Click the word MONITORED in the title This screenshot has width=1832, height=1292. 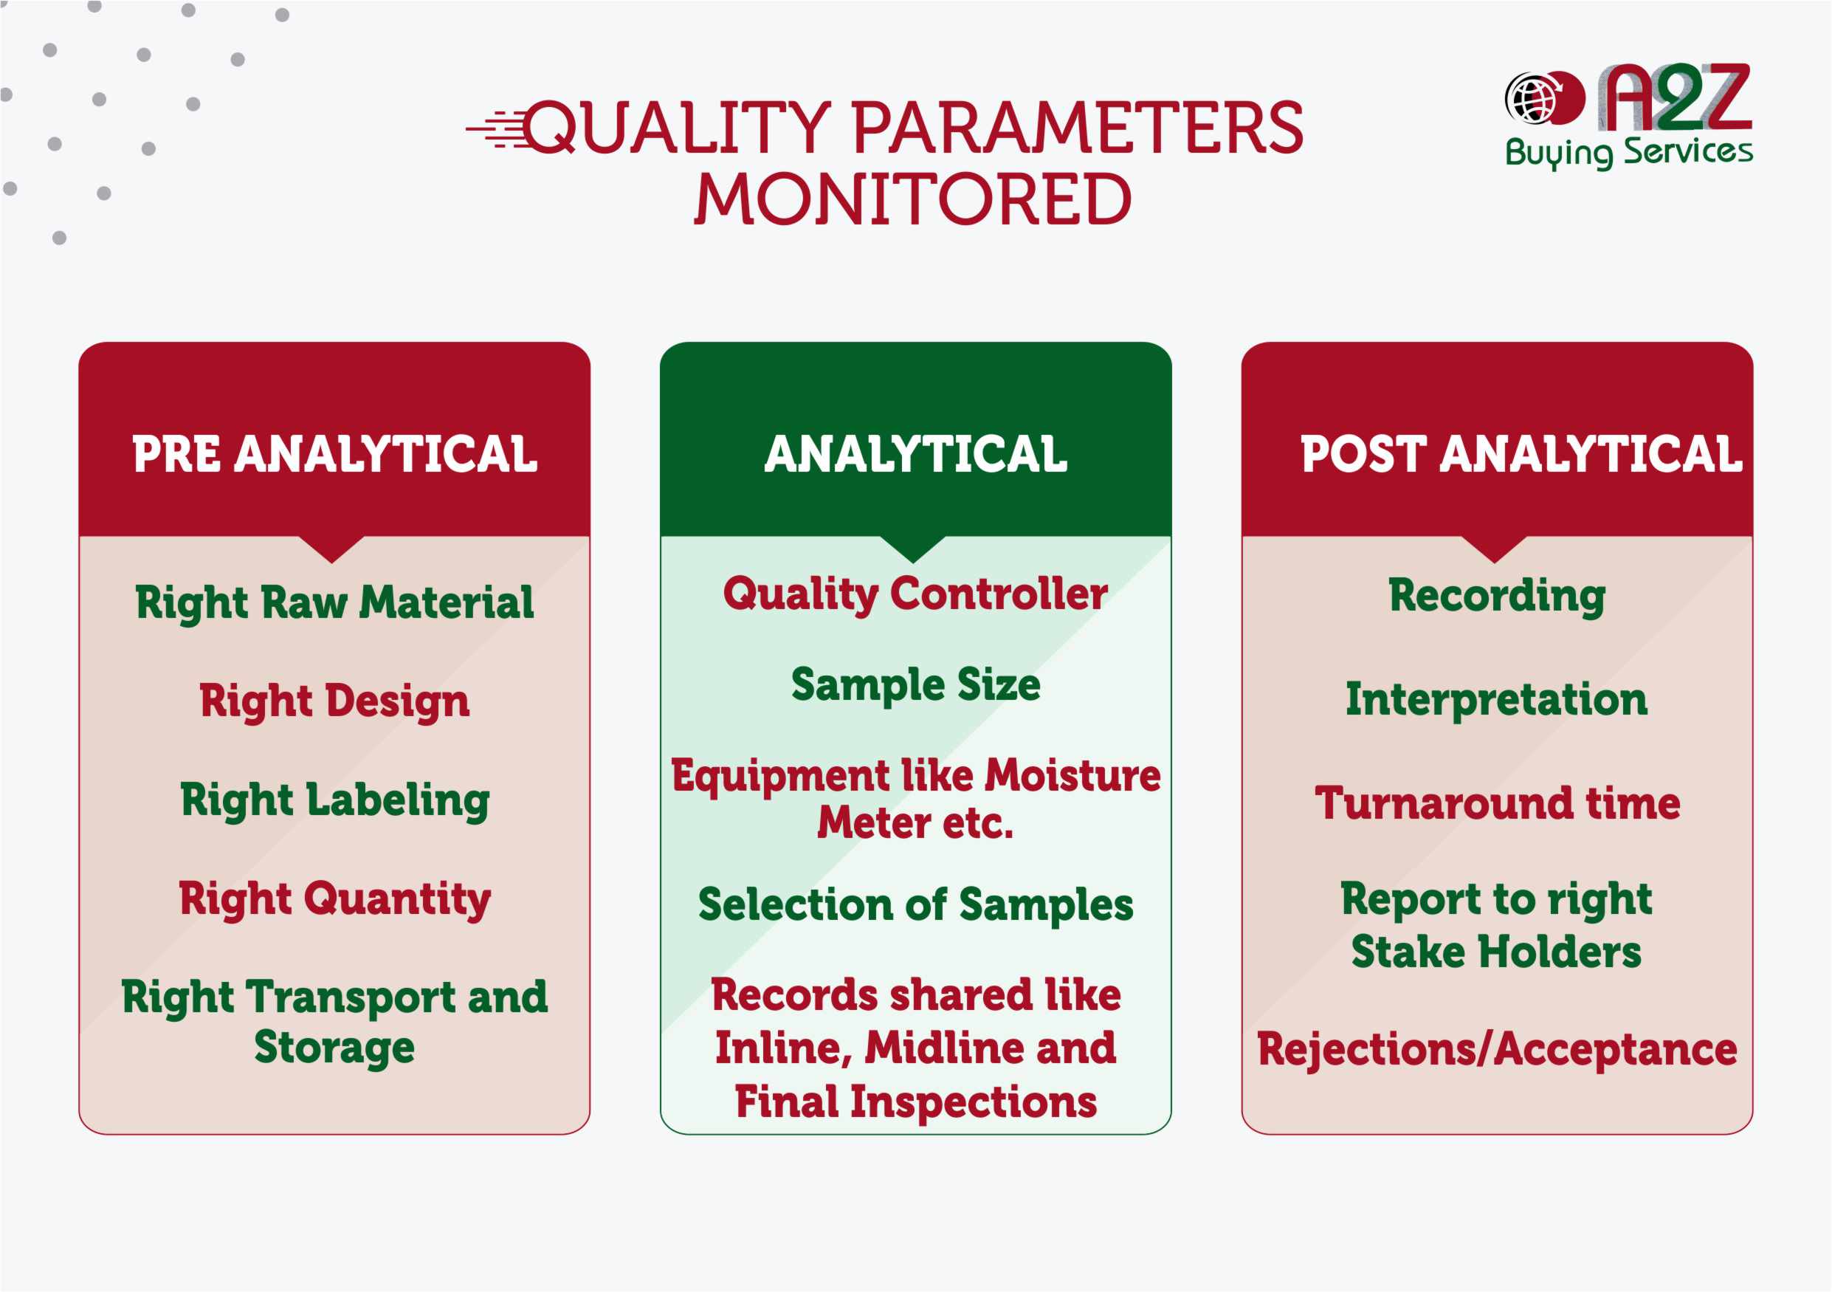point(913,199)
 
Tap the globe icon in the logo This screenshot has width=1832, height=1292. point(1530,99)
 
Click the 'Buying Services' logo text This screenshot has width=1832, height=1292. point(1628,151)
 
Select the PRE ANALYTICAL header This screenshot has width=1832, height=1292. point(334,454)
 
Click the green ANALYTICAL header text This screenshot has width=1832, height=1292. point(915,454)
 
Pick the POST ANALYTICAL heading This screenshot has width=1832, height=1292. point(1521,454)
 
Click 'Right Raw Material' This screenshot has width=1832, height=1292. point(334,602)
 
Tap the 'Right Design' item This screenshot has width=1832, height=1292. point(334,701)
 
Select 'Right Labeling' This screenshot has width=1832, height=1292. point(334,800)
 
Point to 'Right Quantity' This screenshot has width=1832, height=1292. point(334,899)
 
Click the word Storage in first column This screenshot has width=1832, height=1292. point(334,1047)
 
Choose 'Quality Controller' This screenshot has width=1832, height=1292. point(915,594)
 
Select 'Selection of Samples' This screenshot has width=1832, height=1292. point(915,905)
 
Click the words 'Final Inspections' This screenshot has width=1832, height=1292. point(915,1103)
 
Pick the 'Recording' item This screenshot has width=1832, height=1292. point(1496,597)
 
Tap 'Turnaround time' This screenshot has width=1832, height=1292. point(1497,803)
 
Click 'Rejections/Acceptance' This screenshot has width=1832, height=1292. point(1497,1049)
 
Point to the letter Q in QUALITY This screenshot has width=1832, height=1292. point(551,128)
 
